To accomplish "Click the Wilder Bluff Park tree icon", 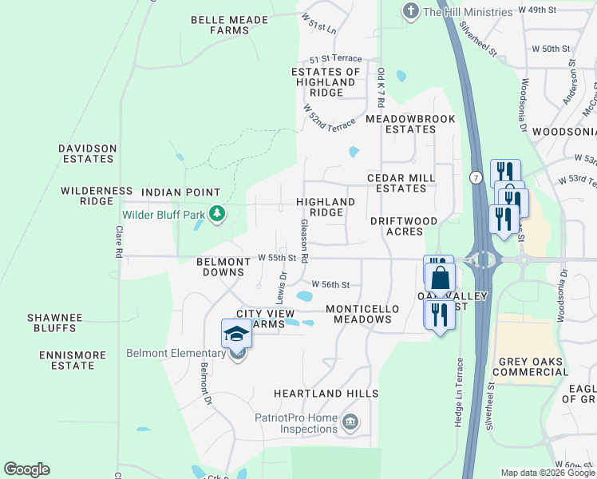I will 216,213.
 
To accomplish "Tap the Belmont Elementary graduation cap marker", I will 236,335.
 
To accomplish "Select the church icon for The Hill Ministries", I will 410,11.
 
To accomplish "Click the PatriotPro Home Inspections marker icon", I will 350,421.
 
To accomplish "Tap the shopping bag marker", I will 440,280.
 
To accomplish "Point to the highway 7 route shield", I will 476,176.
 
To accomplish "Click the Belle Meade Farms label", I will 219,25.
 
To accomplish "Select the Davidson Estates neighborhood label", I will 88,153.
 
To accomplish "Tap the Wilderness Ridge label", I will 97,196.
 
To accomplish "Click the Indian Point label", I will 180,192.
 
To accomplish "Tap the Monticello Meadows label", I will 358,313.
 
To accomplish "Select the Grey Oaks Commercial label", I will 532,366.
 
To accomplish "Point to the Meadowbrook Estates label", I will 410,124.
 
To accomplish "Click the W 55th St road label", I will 277,258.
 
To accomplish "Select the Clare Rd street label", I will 119,242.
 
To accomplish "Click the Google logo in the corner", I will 26,469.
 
